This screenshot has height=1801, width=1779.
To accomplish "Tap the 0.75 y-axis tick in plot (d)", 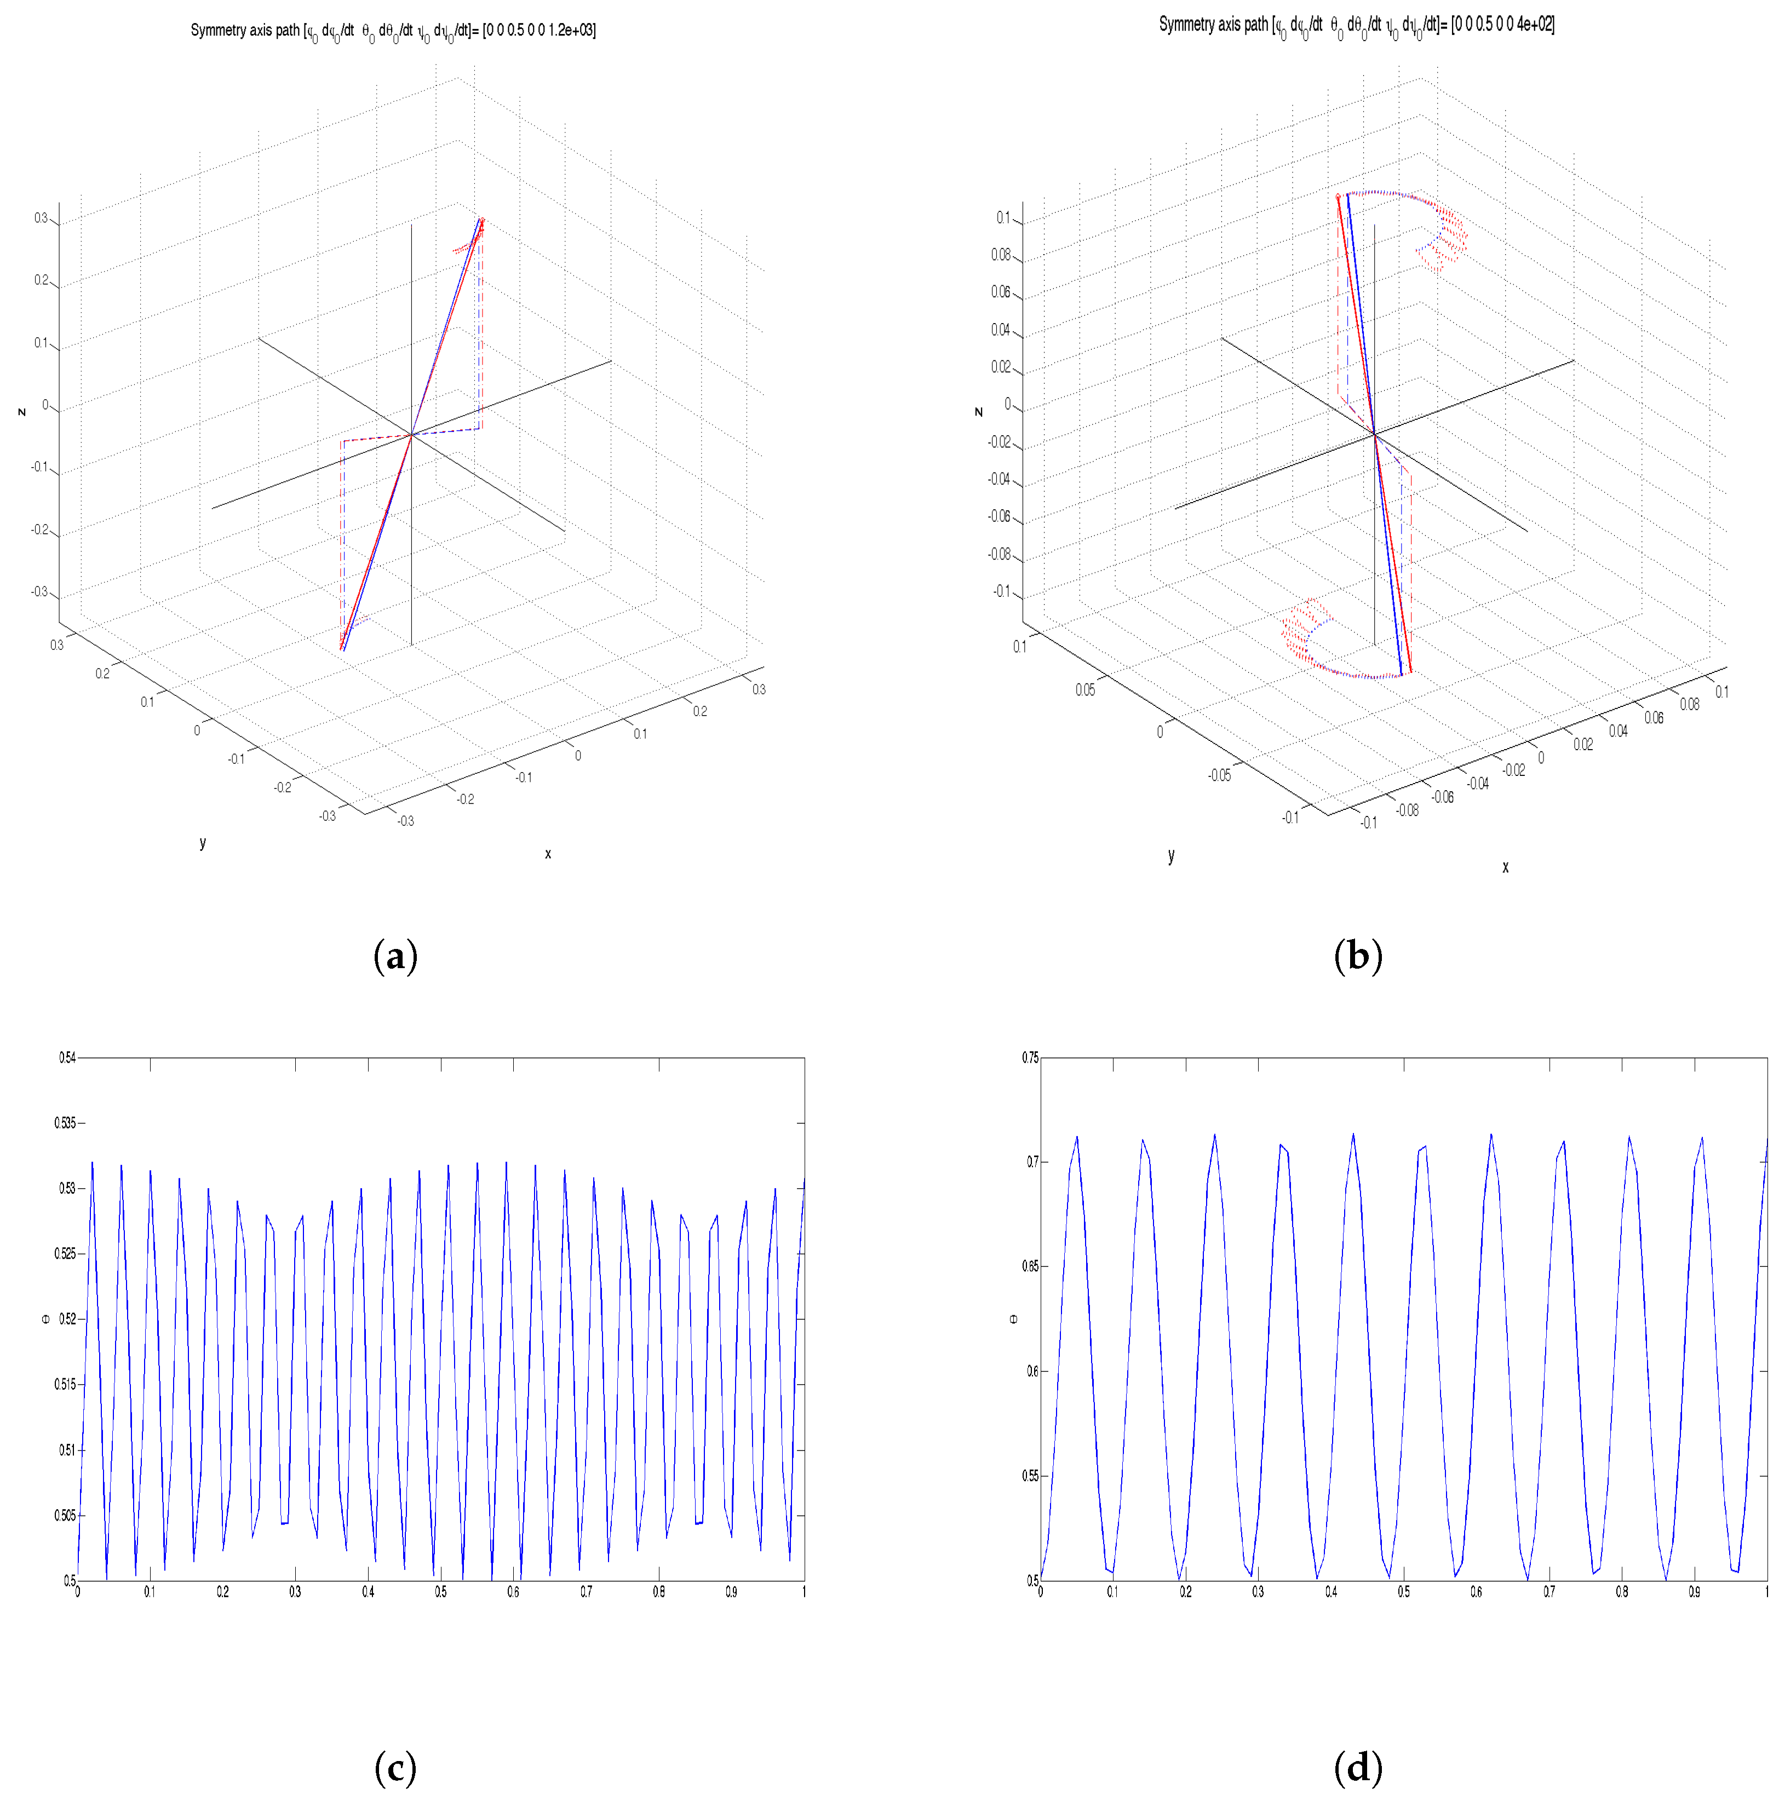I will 1029,1058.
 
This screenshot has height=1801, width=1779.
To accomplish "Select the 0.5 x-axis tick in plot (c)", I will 440,1592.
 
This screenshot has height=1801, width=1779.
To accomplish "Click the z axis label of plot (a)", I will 21,411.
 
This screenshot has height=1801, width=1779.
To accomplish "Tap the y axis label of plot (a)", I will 202,843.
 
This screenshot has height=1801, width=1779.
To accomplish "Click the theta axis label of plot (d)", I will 1013,1319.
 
